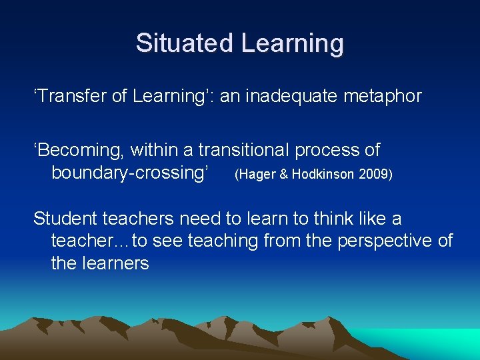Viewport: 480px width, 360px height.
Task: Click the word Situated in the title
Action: [185, 43]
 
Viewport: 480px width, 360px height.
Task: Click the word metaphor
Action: [383, 96]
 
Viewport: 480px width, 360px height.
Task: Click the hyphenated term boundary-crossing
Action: [134, 173]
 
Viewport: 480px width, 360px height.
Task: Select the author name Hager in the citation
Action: [256, 175]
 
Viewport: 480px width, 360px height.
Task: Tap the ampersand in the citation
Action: [283, 175]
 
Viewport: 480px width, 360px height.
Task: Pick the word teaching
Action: [223, 241]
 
